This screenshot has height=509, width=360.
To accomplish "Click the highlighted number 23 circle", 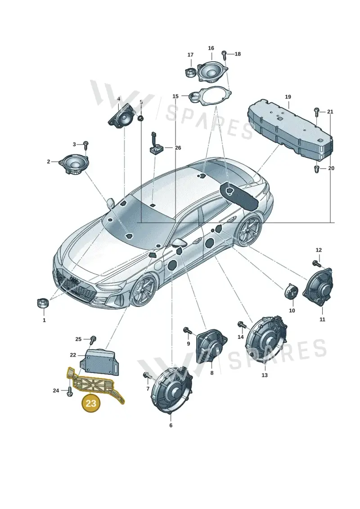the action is (91, 403).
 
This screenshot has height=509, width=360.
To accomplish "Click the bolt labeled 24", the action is (69, 392).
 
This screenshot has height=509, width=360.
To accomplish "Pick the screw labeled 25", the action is (93, 339).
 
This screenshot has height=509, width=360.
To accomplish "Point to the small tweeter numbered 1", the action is (43, 302).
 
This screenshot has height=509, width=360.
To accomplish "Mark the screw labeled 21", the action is (317, 112).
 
